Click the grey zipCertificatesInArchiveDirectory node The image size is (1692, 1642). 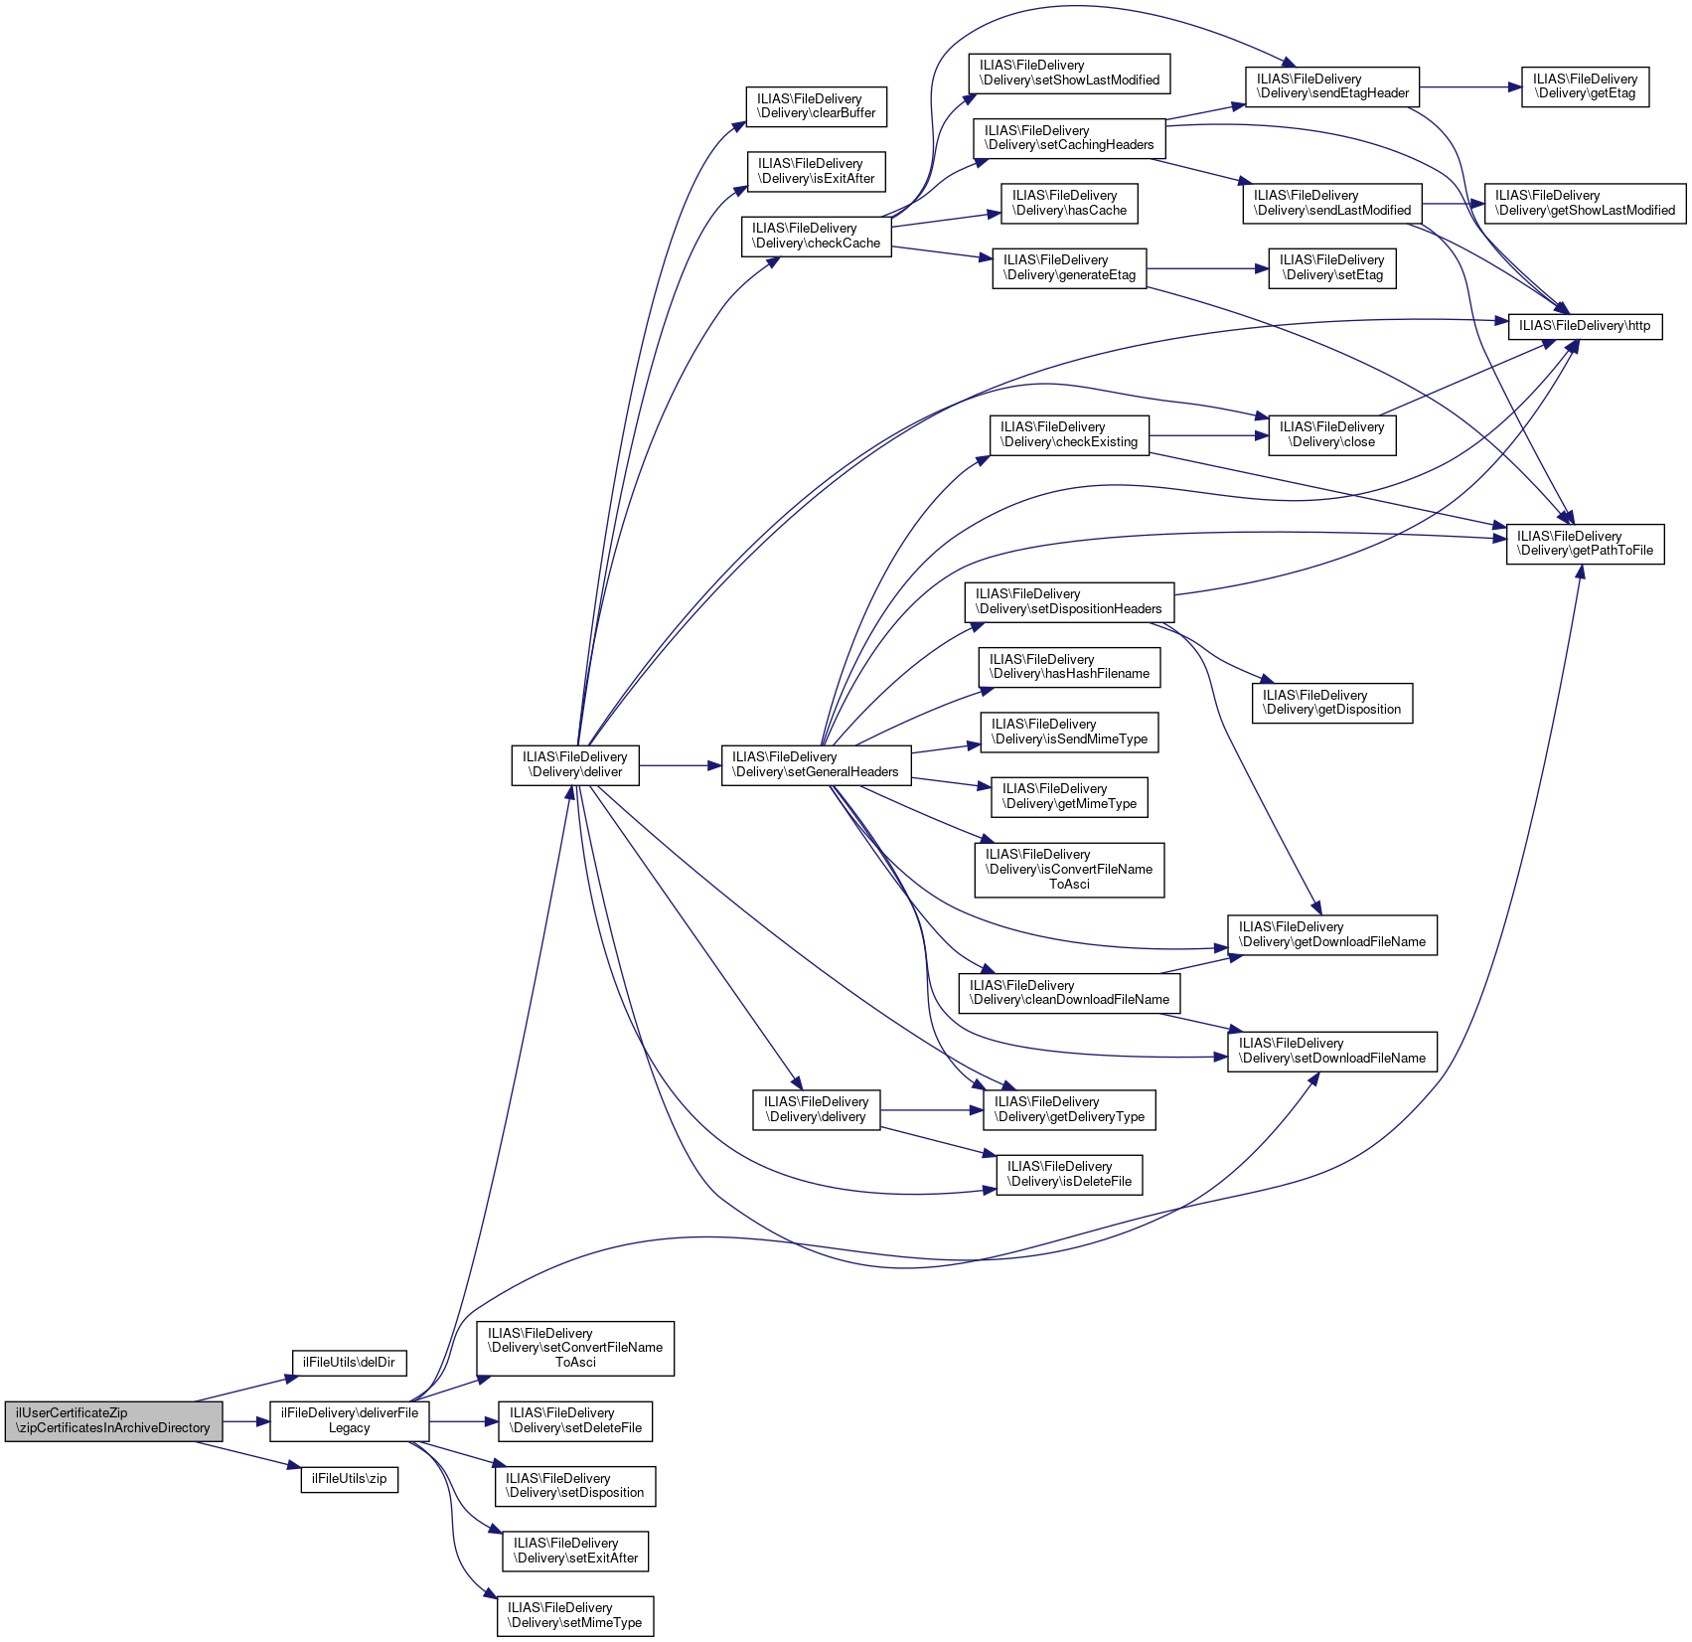click(113, 1421)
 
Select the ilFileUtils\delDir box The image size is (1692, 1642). click(349, 1363)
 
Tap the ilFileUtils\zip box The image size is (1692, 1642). click(350, 1479)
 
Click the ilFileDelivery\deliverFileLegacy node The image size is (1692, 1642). click(350, 1421)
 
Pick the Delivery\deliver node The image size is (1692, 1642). click(575, 765)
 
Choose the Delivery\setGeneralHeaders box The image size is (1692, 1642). click(816, 765)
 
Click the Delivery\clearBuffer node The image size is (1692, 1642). click(816, 106)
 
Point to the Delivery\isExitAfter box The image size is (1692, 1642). click(816, 171)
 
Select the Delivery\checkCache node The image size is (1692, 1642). click(817, 237)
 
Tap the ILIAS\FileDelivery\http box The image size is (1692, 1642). click(1585, 326)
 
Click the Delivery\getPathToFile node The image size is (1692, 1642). click(1585, 544)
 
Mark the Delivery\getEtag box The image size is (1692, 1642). click(1585, 87)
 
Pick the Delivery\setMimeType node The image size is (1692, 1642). click(575, 1616)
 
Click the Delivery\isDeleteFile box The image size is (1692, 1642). click(1069, 1175)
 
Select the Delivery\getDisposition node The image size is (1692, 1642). click(1332, 703)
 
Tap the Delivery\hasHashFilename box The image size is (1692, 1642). click(1069, 667)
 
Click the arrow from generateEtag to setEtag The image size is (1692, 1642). click(1207, 268)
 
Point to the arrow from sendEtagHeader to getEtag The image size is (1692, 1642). click(1470, 87)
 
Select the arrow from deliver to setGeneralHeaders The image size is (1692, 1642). click(680, 765)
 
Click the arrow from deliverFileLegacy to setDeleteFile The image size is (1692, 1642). click(463, 1421)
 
